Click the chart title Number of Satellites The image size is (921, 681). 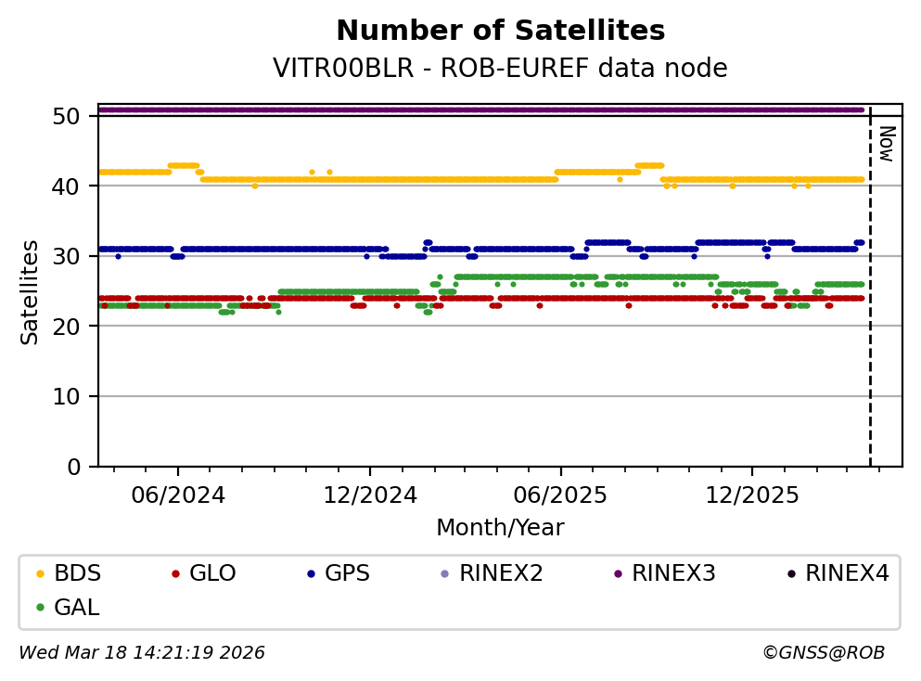500,32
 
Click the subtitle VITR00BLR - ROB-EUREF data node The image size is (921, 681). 500,69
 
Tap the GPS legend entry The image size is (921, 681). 346,573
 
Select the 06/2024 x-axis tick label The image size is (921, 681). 178,495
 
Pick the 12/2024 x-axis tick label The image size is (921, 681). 369,495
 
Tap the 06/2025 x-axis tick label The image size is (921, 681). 560,495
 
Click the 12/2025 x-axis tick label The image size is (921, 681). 751,495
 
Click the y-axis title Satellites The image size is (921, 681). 31,291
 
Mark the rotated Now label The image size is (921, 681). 886,143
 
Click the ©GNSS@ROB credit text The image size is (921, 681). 823,653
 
